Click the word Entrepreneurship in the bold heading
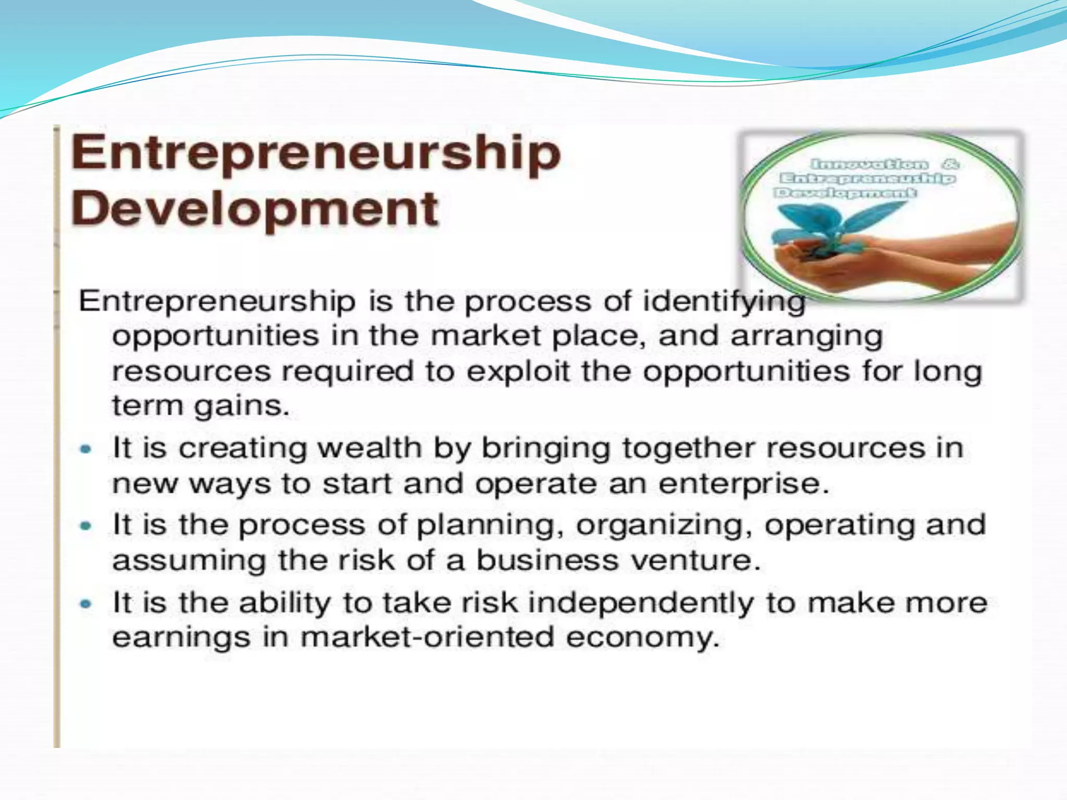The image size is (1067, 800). pyautogui.click(x=316, y=153)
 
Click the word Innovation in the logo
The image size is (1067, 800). pyautogui.click(x=870, y=165)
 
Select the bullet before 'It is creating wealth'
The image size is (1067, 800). pyautogui.click(x=86, y=448)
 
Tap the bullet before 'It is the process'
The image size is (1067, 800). pyautogui.click(x=86, y=526)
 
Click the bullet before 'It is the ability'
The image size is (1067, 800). pyautogui.click(x=86, y=604)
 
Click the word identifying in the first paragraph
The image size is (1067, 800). pyautogui.click(x=724, y=302)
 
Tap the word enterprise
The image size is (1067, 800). pyautogui.click(x=742, y=484)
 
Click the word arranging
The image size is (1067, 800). pyautogui.click(x=807, y=336)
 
